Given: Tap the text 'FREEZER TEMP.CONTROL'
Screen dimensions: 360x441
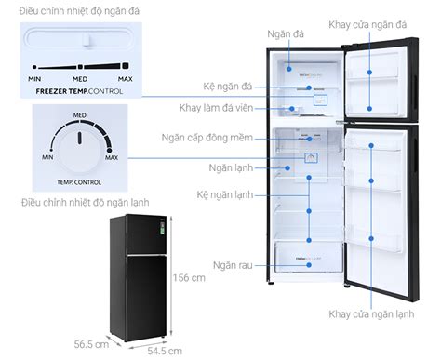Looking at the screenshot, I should pyautogui.click(x=77, y=93).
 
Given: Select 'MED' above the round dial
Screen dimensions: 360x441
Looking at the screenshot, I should pyautogui.click(x=80, y=113).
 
